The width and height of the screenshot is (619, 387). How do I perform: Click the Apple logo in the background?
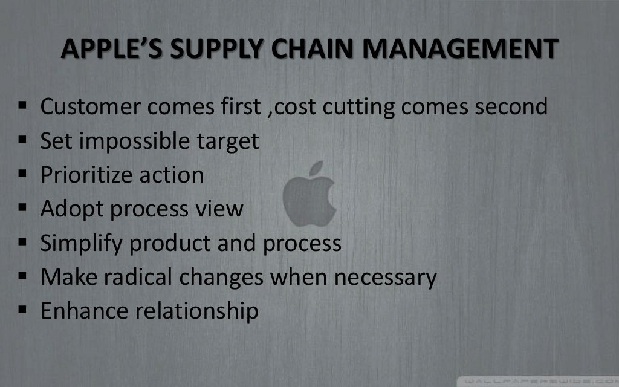pos(309,194)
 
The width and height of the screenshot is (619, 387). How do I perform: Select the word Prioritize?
pos(86,175)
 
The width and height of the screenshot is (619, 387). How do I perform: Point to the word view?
pos(218,209)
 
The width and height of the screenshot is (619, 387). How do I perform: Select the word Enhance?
pos(83,311)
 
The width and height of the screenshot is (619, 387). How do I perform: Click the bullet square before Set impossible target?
pos(22,141)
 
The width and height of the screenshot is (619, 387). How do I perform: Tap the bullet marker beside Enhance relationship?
pos(22,311)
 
